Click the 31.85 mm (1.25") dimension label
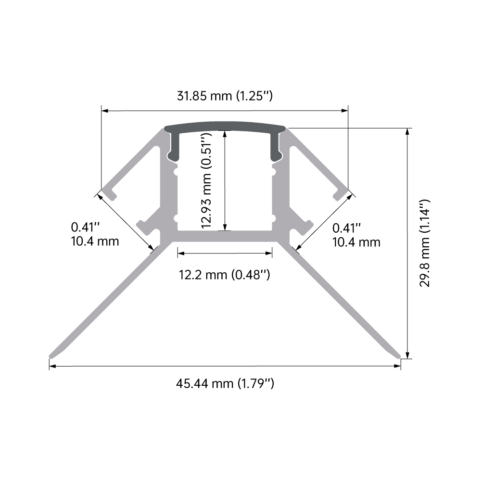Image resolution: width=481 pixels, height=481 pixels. pos(225,96)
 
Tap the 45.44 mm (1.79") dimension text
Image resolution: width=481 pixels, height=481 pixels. pos(225,384)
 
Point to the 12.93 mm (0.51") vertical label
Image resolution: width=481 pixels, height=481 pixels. pos(206,180)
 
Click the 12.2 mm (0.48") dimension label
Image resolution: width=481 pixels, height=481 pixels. pos(224,275)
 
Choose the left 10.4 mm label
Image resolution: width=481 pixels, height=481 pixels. pos(94,240)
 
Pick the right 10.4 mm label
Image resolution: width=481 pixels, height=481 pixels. pos(356,241)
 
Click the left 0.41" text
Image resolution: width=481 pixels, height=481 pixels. pos(85,226)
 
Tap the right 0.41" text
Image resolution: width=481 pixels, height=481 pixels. pos(346,227)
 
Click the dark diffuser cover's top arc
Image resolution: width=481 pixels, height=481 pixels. pos(225,126)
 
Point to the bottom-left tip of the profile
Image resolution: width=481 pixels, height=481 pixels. pos(51,356)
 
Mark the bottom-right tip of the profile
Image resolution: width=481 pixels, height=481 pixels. pos(399,356)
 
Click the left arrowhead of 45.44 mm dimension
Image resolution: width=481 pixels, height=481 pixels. pos(52,367)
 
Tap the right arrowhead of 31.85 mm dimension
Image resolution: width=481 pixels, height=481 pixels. pos(345,111)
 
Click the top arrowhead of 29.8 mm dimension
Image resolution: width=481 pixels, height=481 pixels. pos(408,132)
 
